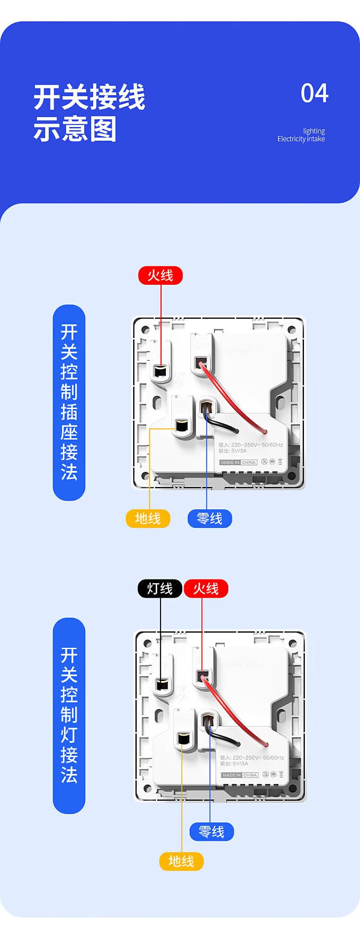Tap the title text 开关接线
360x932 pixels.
89,97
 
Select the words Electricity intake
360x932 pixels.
301,139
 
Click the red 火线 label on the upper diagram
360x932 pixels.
160,276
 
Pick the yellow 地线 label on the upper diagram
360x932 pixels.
148,518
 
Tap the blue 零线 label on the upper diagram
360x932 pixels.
210,518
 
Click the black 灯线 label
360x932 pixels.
160,589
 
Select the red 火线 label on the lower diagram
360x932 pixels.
206,589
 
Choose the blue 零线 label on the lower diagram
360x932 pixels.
211,832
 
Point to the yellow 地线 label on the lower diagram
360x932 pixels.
181,861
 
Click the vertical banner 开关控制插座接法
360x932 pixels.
69,402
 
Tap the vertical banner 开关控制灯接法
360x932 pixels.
69,715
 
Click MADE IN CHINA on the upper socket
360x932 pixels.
238,462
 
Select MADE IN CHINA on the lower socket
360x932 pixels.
240,775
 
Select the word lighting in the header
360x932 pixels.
314,131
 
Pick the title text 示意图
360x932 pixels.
75,129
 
